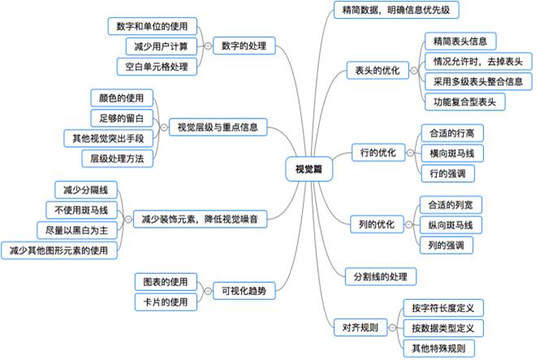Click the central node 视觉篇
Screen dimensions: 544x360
(x=309, y=169)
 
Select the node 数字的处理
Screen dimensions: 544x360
(x=244, y=46)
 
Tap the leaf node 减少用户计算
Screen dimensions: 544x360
(x=161, y=46)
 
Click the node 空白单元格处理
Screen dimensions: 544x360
(x=157, y=67)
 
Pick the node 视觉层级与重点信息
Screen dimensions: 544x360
(x=218, y=127)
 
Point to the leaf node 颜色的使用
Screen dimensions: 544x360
(x=122, y=98)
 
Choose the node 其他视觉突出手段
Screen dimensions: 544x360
(x=108, y=138)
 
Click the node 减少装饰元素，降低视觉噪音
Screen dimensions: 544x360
(x=200, y=219)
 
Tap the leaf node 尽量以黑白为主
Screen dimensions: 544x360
(x=77, y=231)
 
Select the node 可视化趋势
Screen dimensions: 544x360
(x=244, y=291)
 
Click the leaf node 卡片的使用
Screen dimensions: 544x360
(x=166, y=302)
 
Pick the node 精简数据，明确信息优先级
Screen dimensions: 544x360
(x=396, y=10)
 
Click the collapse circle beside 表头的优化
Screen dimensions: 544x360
(x=414, y=71)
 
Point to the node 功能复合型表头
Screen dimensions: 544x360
(x=465, y=102)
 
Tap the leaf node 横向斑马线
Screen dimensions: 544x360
(x=452, y=153)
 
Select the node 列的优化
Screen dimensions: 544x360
(x=377, y=224)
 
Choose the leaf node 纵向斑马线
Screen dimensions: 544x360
(x=451, y=225)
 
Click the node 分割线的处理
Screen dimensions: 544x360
(x=381, y=276)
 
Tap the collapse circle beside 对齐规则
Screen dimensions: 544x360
(x=392, y=327)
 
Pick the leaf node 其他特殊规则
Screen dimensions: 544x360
(x=439, y=348)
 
